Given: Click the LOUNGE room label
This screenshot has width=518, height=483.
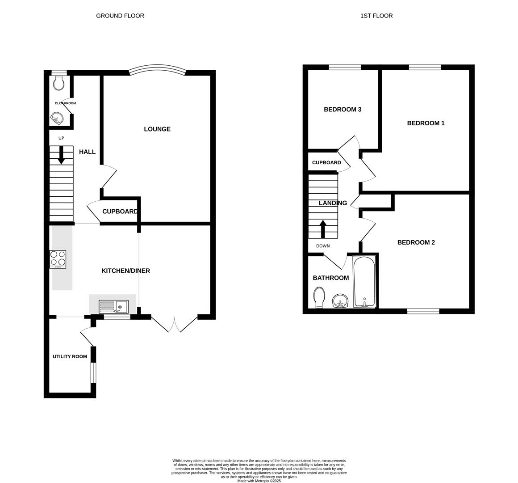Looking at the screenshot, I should (157, 129).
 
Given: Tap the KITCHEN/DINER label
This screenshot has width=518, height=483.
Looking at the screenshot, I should (125, 271).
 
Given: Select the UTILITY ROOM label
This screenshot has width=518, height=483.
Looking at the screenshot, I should (70, 356).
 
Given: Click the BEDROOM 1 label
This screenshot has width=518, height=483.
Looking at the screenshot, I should (426, 123).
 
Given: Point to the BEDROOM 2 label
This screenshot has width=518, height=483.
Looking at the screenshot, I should (416, 242).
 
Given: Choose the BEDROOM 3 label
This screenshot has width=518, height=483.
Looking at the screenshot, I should (343, 110).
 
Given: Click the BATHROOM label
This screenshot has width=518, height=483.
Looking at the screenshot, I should (330, 278).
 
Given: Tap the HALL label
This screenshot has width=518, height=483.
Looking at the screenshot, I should (87, 152).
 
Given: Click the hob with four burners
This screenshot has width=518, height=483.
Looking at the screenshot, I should (58, 259).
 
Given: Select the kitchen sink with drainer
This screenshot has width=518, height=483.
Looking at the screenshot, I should (113, 307).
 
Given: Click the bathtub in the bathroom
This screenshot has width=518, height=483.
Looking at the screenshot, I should (364, 282).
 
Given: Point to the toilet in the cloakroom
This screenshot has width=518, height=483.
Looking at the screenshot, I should (59, 82).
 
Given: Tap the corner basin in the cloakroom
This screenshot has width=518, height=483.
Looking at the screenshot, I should (57, 119).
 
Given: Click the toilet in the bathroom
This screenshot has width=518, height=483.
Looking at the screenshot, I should (319, 297).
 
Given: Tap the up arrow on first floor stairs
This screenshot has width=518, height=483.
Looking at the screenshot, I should (322, 228).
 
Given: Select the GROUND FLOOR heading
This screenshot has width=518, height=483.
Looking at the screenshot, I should (120, 16).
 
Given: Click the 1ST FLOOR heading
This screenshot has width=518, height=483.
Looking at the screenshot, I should (376, 16).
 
